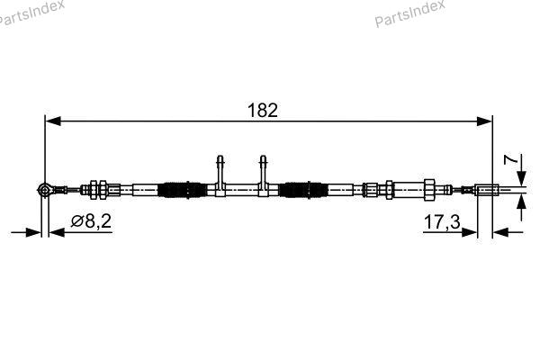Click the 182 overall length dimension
(263, 110)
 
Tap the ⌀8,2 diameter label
(91, 221)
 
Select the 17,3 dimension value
(442, 222)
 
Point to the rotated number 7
(510, 160)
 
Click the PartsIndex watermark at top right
(409, 13)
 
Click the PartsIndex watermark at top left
(31, 13)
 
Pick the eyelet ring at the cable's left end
(44, 189)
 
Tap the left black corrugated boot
(182, 190)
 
